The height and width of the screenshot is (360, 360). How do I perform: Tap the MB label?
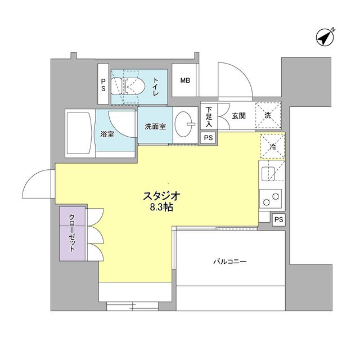coord(185,80)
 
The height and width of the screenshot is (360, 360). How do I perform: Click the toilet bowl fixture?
coord(131,86)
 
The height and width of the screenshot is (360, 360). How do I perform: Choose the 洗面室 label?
coord(155,127)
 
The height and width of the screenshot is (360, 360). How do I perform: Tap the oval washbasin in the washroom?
coord(184,122)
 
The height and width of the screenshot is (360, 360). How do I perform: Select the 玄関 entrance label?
coord(238,116)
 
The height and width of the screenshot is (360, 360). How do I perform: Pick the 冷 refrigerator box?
coord(272,148)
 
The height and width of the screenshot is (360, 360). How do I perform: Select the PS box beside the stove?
coord(278,219)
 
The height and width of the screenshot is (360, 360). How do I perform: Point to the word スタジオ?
coord(160,196)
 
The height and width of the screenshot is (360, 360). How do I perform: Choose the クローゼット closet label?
coord(73,233)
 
